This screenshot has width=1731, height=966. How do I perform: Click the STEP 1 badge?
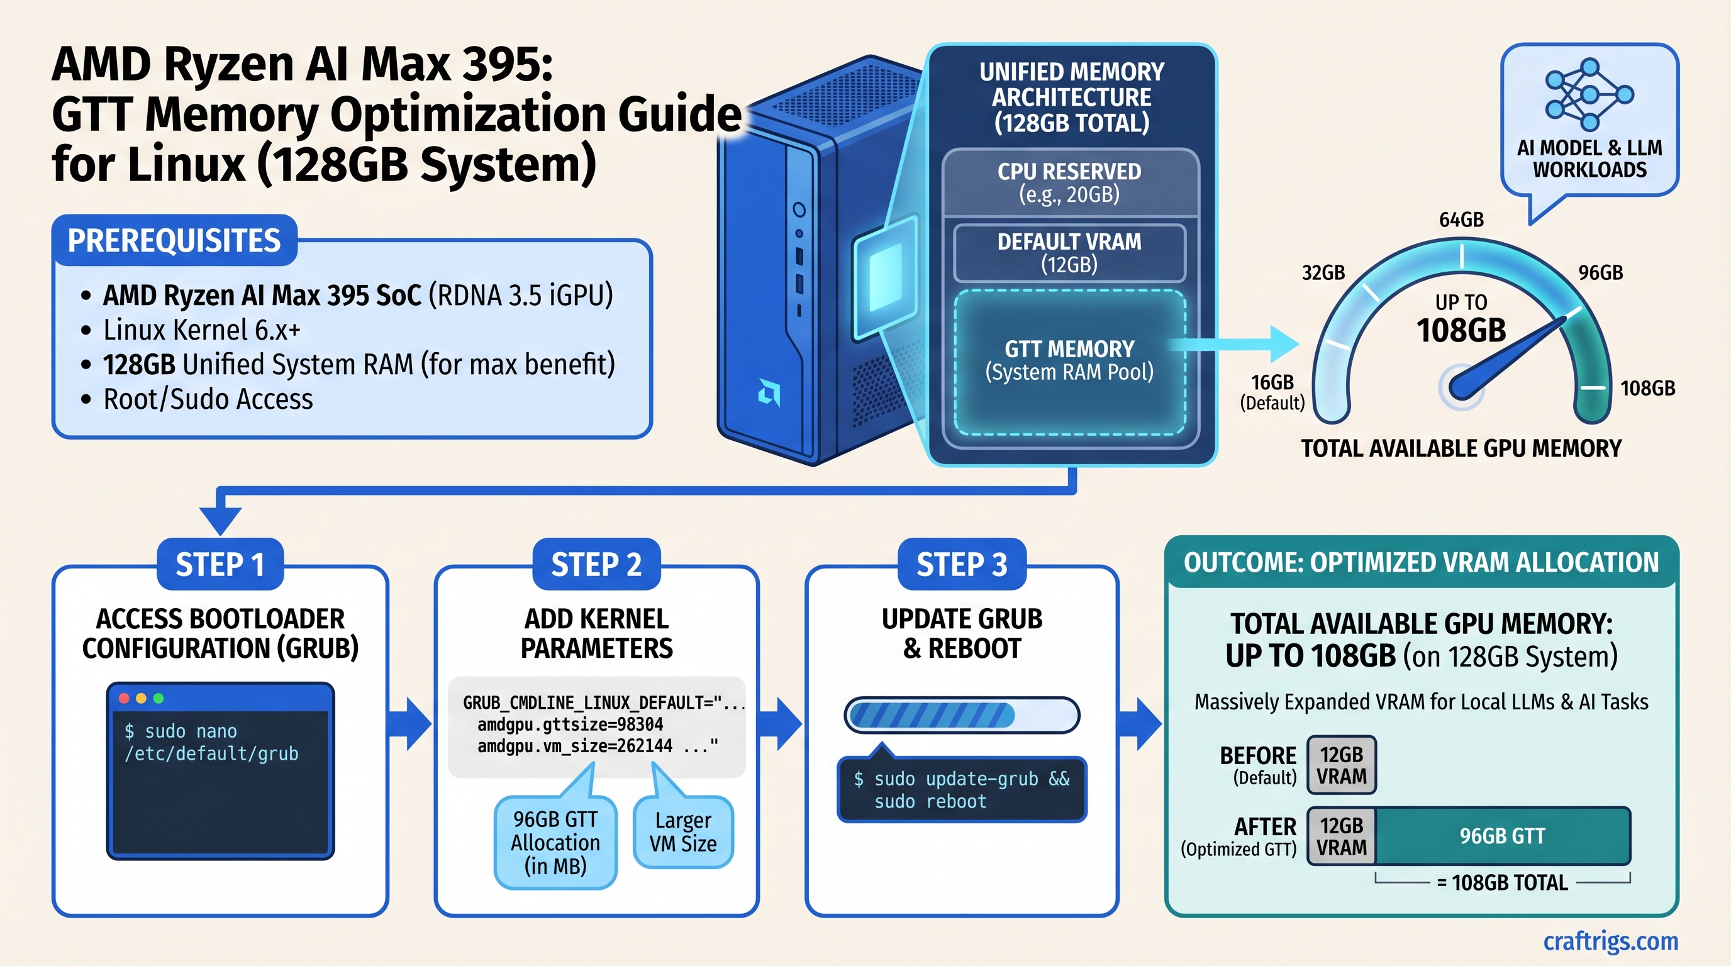[220, 564]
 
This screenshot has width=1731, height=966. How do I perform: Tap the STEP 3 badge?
[962, 564]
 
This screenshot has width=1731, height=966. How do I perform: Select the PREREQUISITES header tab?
[174, 240]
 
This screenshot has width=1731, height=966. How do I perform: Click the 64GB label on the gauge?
[1461, 219]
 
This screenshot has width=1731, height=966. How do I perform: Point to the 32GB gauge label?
[1323, 273]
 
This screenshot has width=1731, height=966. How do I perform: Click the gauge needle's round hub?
[1461, 387]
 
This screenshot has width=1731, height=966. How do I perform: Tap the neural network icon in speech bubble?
[1589, 94]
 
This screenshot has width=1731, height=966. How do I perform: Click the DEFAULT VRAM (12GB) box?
[1069, 253]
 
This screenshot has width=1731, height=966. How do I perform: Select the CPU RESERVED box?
[1069, 183]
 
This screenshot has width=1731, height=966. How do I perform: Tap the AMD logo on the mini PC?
[769, 392]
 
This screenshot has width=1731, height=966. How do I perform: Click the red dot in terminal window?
[125, 699]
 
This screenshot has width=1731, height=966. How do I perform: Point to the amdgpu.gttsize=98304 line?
[570, 724]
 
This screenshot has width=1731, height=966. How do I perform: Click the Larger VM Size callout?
[682, 831]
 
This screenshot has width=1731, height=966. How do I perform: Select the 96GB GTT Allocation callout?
[555, 842]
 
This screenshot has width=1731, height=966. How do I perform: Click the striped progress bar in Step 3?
[962, 715]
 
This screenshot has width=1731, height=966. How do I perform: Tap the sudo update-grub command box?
[962, 790]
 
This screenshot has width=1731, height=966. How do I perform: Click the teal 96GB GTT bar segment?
[1503, 836]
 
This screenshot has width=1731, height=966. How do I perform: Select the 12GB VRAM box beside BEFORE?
[1341, 765]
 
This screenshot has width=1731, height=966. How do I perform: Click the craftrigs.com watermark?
[1610, 941]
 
